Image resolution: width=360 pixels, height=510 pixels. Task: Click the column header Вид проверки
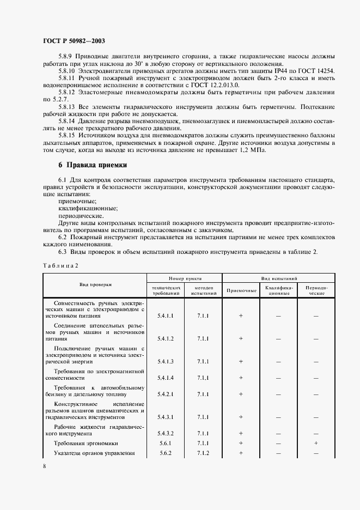coord(95,284)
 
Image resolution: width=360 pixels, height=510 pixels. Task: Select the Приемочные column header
coord(241,290)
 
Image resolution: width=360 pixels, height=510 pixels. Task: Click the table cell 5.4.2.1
coord(165,393)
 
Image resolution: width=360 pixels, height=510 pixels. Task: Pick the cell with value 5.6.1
coord(165,444)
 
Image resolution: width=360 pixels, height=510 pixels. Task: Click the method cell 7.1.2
coord(203,453)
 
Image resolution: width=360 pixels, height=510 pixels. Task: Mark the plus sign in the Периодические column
coord(316,444)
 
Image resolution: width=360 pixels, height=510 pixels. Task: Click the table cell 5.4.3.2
coord(165,434)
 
